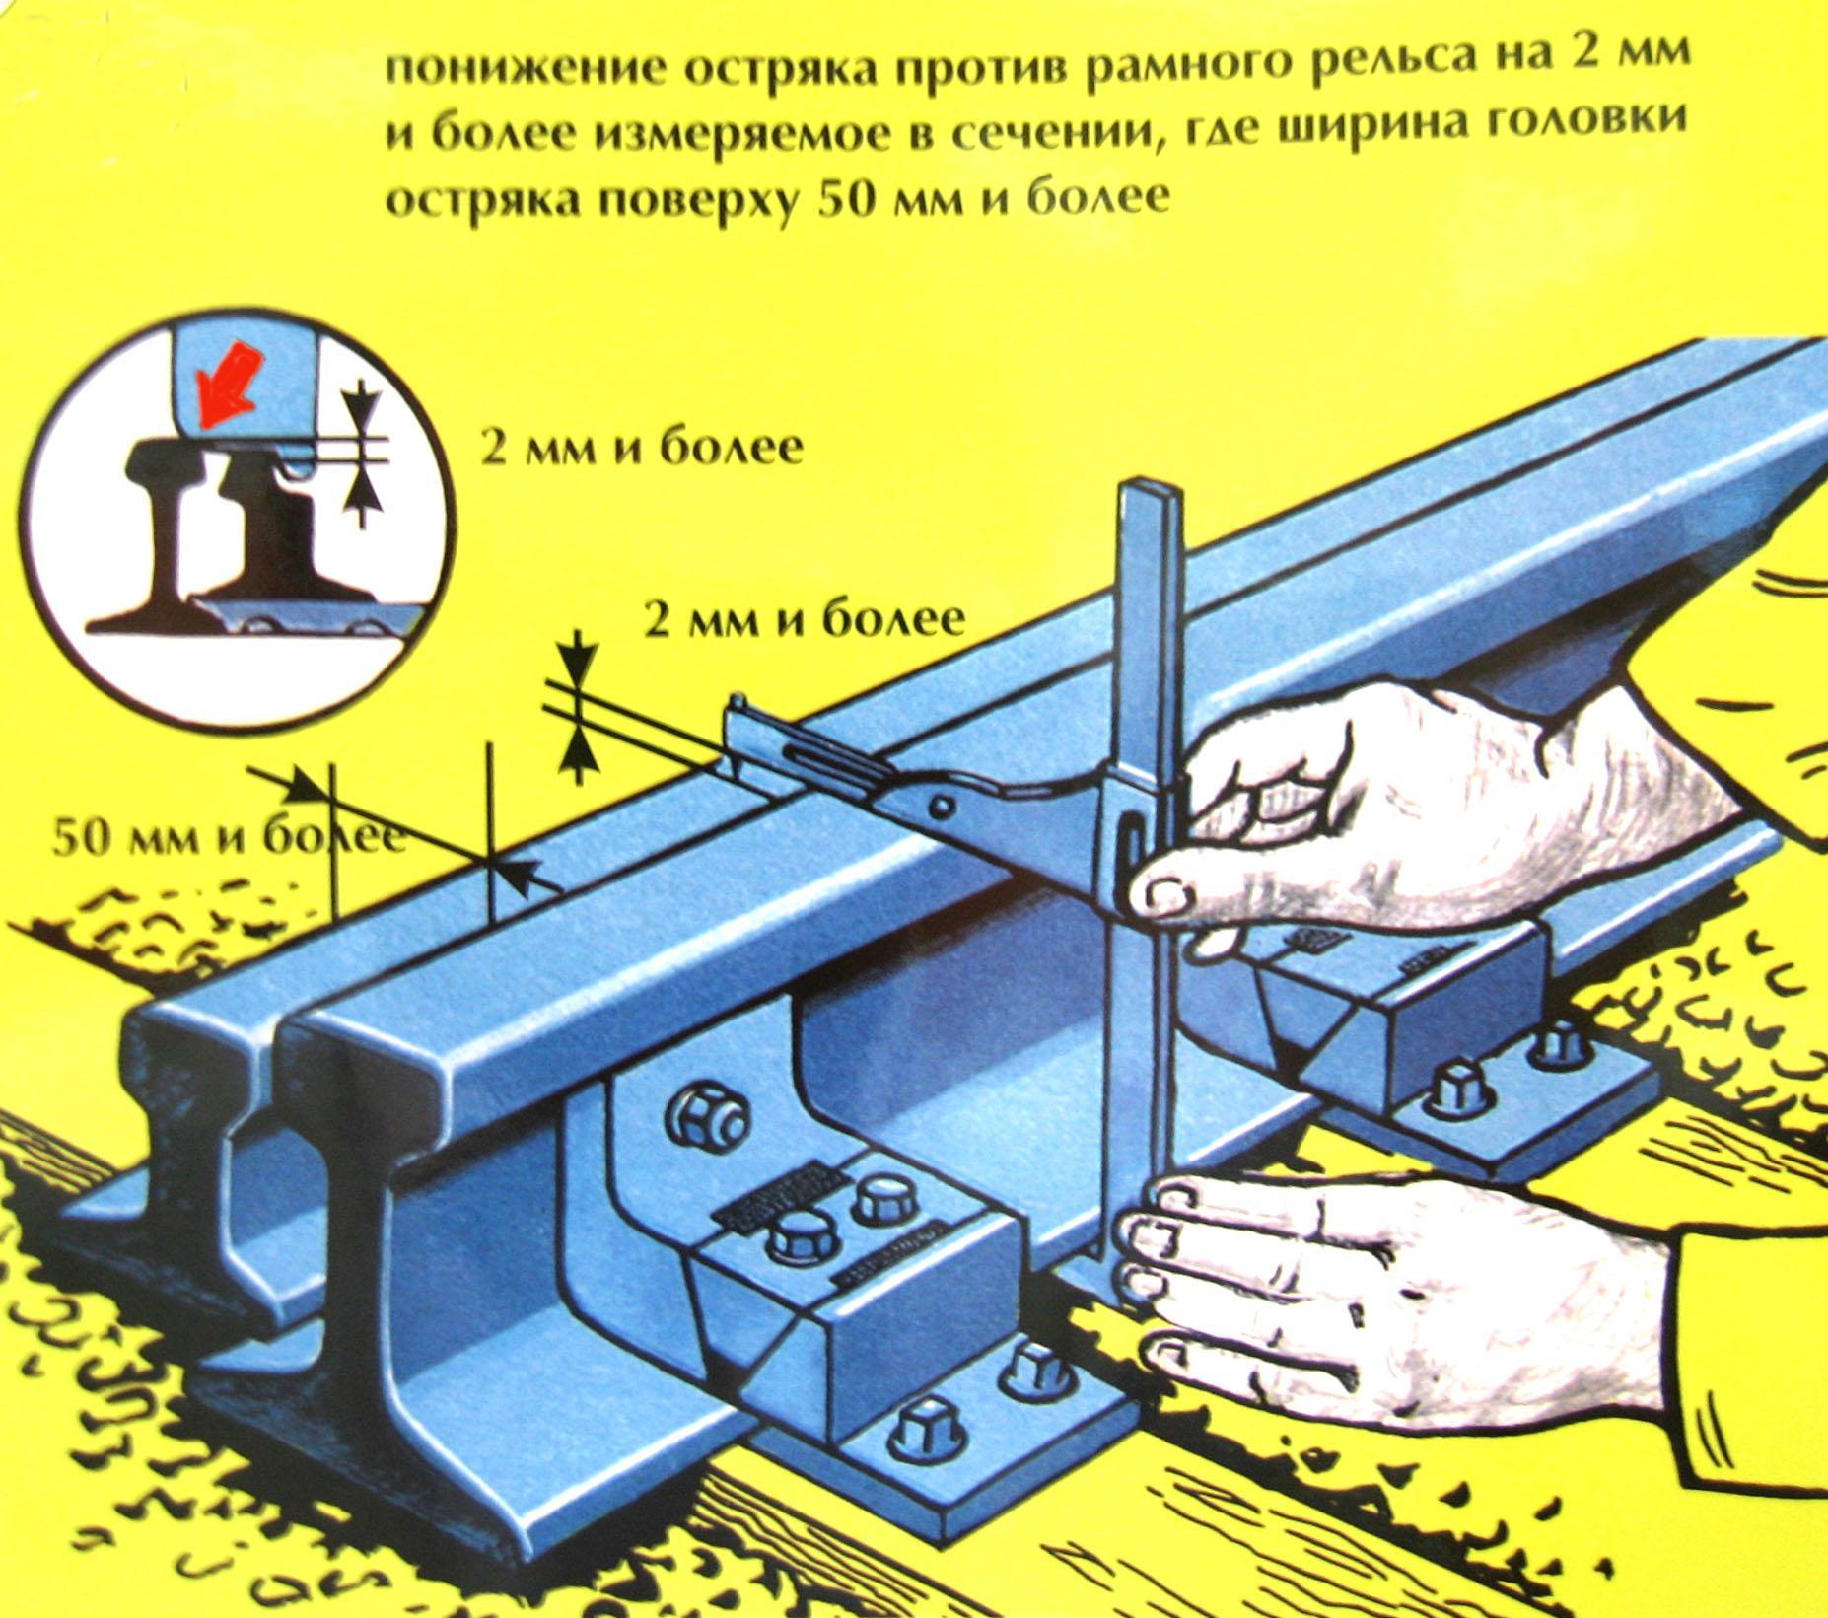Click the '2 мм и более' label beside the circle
(640, 450)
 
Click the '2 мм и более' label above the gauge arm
(803, 621)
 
